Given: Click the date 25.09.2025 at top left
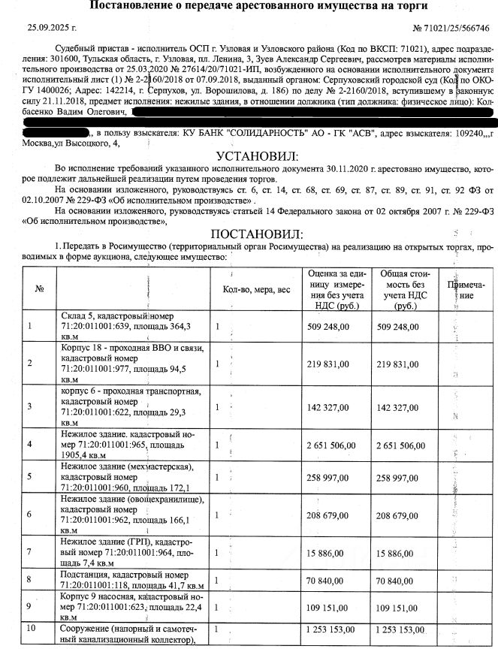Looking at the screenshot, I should point(52,28).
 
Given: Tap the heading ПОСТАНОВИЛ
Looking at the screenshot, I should point(256,234).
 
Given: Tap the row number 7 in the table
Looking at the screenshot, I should point(30,552).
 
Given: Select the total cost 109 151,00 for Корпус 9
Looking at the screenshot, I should point(400,606).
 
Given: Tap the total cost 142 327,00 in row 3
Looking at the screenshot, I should point(400,406).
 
